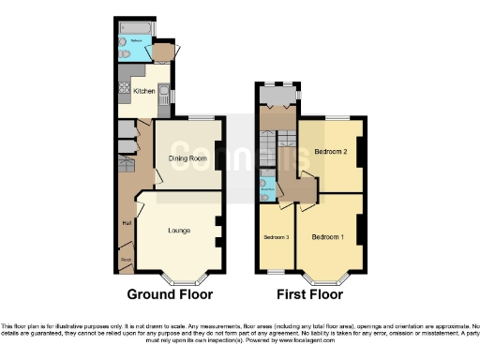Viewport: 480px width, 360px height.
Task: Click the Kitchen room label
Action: point(143,91)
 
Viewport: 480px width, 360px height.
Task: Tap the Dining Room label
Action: point(187,157)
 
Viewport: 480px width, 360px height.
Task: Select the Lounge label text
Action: point(180,230)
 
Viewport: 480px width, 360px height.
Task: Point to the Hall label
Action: point(125,222)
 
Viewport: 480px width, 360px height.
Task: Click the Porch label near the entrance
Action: point(125,259)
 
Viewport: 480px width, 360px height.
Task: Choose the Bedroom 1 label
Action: point(328,236)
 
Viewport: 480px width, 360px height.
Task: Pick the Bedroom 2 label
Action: point(331,151)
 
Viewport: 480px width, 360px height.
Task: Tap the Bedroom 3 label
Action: point(275,237)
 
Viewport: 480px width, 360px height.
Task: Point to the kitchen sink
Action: point(163,93)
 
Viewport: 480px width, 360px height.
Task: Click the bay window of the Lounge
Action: point(180,278)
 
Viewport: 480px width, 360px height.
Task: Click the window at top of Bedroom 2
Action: point(338,117)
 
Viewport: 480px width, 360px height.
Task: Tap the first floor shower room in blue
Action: point(267,186)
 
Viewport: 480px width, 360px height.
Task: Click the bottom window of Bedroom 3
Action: point(276,272)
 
